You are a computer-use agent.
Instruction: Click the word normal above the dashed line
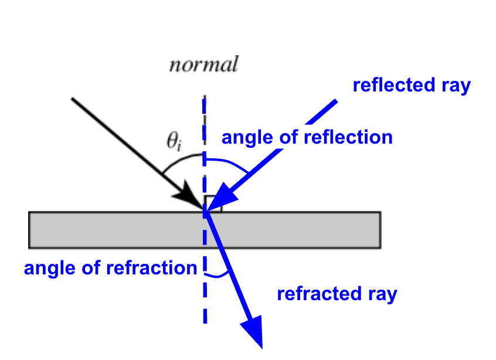pyautogui.click(x=204, y=64)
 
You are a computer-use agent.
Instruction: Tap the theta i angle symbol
pyautogui.click(x=174, y=141)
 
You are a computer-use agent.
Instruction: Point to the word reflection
pyautogui.click(x=348, y=137)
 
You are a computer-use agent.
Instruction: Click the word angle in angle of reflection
pyautogui.click(x=247, y=138)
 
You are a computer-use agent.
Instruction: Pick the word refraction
pyautogui.click(x=152, y=267)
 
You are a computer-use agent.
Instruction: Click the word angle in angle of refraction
pyautogui.click(x=50, y=269)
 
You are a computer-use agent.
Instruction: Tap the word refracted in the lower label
pyautogui.click(x=319, y=293)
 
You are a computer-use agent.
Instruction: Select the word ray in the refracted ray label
pyautogui.click(x=382, y=295)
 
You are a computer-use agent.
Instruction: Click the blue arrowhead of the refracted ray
pyautogui.click(x=254, y=330)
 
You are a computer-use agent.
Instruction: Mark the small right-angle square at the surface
pyautogui.click(x=213, y=203)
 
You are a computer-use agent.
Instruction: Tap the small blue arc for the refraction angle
pyautogui.click(x=217, y=276)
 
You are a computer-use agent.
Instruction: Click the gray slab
pyautogui.click(x=205, y=230)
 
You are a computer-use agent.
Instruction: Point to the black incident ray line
pyautogui.click(x=138, y=154)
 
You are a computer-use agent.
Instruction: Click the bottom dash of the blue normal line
pyautogui.click(x=205, y=316)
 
